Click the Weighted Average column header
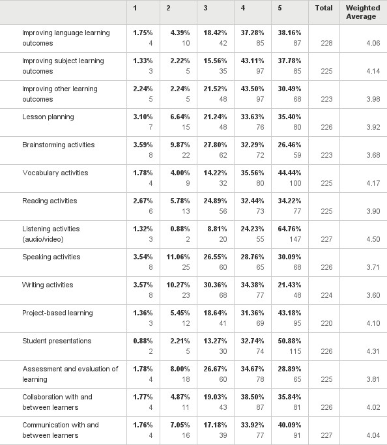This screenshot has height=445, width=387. pos(363,12)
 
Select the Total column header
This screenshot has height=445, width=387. pos(324,8)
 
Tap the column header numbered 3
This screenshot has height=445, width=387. pos(205,8)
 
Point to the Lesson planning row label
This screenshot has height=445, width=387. pos(48,117)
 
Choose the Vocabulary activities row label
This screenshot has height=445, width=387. pos(55,173)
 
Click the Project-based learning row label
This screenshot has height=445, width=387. pos(57,313)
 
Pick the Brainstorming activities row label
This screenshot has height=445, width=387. pos(59,145)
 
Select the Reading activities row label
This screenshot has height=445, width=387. pos(50,201)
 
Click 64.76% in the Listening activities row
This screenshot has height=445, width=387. pos(289,229)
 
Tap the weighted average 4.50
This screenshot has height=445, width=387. pos(373,239)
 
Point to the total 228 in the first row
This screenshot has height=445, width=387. pos(326,43)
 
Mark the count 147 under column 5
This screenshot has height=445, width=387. pos(295,239)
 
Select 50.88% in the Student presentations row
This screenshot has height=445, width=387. pos(289,341)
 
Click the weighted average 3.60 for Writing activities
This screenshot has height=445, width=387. pos(373,295)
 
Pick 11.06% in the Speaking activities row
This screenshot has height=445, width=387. pos(178,257)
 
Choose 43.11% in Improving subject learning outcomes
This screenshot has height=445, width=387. pos(252,61)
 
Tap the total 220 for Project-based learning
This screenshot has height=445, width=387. pos(326,323)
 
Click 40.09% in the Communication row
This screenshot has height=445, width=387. pos(289,425)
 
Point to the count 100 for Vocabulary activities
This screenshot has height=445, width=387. pos(295,183)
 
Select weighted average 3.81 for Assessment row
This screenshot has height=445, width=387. pos(373,379)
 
